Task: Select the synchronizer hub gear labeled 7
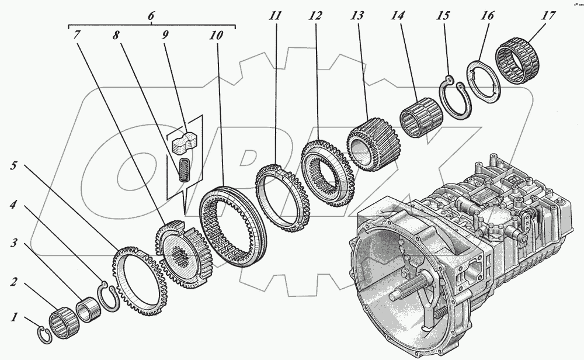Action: point(178,248)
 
